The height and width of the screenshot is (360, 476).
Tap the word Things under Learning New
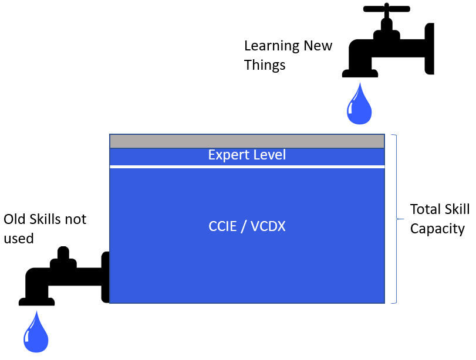[x=265, y=65]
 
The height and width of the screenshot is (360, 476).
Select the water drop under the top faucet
[x=359, y=104]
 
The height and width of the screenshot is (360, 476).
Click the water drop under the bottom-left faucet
[x=36, y=332]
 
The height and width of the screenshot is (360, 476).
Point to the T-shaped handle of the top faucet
[x=386, y=9]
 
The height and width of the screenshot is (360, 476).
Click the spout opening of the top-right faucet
[x=359, y=74]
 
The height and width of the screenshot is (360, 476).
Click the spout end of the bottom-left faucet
[x=36, y=302]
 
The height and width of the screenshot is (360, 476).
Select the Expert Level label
[x=247, y=155]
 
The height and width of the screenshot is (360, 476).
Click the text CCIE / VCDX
[x=247, y=226]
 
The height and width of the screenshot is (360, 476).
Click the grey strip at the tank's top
[x=247, y=141]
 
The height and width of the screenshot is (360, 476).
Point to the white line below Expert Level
[x=247, y=167]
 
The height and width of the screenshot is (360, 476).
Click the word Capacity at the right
[x=437, y=229]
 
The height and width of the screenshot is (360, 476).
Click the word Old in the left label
[x=14, y=219]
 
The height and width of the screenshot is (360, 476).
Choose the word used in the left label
[x=19, y=238]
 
